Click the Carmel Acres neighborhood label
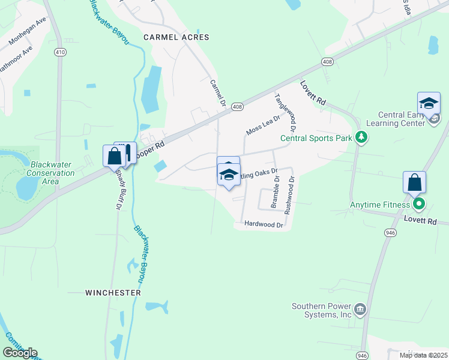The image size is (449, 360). (x=176, y=37)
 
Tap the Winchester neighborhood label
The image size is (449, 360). (x=113, y=293)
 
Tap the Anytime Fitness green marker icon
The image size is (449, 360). (x=420, y=205)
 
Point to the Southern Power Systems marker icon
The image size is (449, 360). (x=360, y=310)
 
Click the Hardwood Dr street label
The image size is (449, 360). (x=263, y=224)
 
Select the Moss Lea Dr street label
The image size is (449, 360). (x=263, y=125)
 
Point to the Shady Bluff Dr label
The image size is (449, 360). (x=117, y=188)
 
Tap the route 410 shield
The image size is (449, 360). (x=59, y=52)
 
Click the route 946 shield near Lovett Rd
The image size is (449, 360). (x=391, y=232)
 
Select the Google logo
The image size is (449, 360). (x=20, y=352)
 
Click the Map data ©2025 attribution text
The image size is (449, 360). (x=423, y=355)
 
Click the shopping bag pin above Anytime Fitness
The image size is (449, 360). (x=415, y=182)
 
